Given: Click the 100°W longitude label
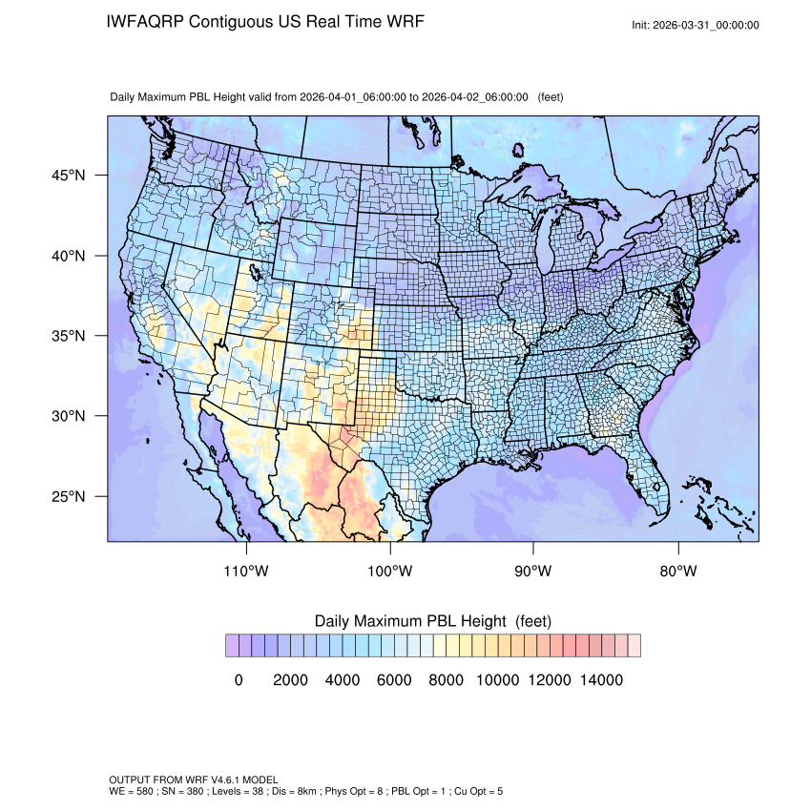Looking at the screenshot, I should [390, 572].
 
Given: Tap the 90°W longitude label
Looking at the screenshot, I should [533, 572].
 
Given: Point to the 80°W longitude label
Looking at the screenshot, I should [677, 572].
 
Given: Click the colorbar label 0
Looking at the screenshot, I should [239, 680].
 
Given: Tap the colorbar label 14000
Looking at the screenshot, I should [601, 680].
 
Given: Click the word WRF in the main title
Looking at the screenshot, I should [399, 21].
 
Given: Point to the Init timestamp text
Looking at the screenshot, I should [696, 25].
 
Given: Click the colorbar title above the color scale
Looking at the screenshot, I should [432, 621].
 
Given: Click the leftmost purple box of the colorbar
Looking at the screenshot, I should [232, 645].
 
